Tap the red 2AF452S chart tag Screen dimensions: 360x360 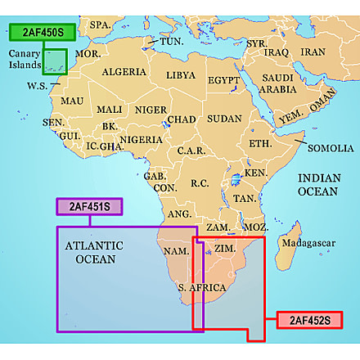pyautogui.click(x=304, y=320)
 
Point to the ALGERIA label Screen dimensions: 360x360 pyautogui.click(x=124, y=73)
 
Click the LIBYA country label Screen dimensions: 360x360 pyautogui.click(x=181, y=75)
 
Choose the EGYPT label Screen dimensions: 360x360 pyautogui.click(x=223, y=81)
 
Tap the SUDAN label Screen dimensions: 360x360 pyautogui.click(x=223, y=119)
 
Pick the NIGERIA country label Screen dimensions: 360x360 pyautogui.click(x=140, y=140)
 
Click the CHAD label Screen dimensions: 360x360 pyautogui.click(x=182, y=119)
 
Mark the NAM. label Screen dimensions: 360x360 pyautogui.click(x=177, y=250)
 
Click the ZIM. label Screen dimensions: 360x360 pyautogui.click(x=224, y=248)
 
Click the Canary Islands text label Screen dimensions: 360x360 pyautogui.click(x=23, y=59)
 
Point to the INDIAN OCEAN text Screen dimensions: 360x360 pyautogui.click(x=318, y=184)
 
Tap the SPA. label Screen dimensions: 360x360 pyautogui.click(x=100, y=25)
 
